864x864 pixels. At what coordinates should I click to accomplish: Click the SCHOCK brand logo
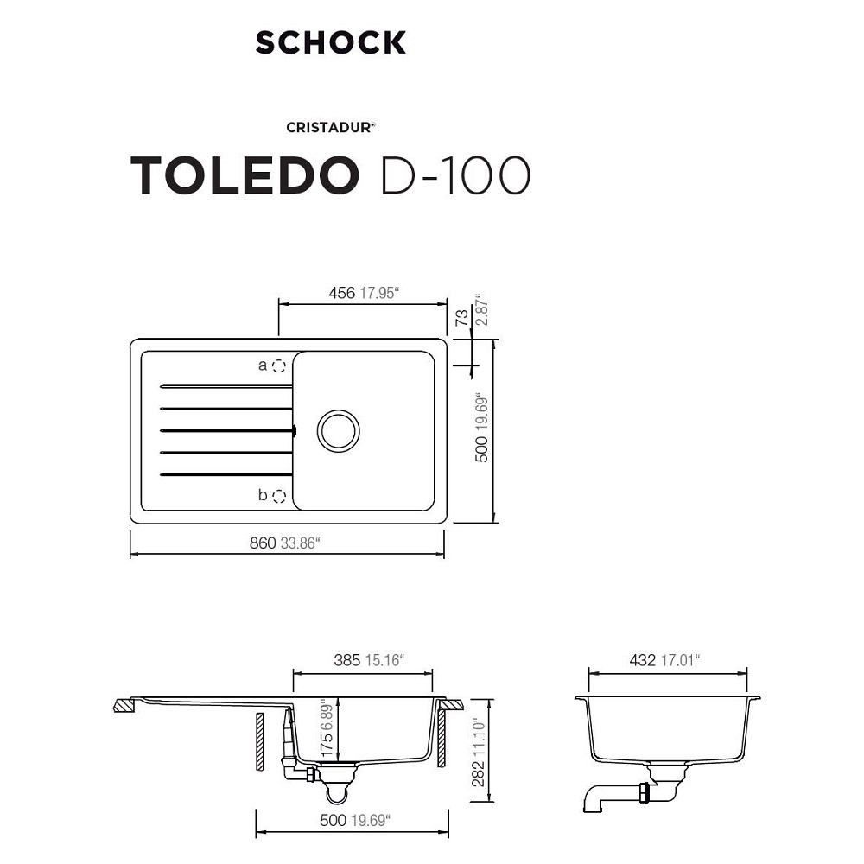(331, 42)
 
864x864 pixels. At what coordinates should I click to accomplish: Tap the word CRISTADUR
(328, 127)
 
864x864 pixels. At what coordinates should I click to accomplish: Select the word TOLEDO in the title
(245, 175)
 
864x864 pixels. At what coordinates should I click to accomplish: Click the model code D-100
(455, 175)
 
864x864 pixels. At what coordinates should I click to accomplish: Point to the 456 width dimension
(341, 293)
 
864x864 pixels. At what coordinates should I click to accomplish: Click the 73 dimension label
(462, 317)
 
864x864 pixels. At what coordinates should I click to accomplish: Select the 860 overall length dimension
(263, 543)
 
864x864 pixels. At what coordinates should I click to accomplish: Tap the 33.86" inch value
(301, 543)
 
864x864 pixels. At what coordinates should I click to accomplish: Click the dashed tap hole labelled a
(279, 365)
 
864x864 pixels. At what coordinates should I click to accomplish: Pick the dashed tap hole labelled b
(279, 496)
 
